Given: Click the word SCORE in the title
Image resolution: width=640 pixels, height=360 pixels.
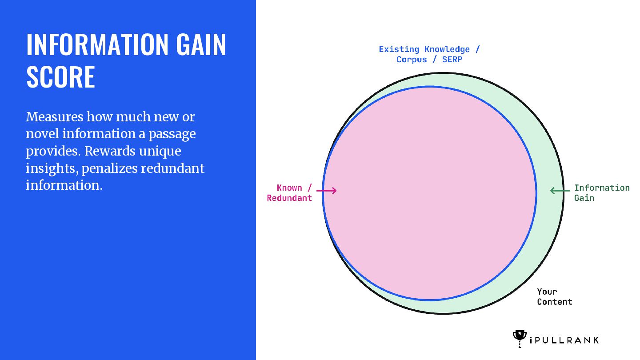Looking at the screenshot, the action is [x=60, y=76].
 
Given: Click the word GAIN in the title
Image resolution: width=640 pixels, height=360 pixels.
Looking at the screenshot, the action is [x=201, y=44].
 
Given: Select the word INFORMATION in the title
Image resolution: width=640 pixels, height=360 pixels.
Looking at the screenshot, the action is [x=97, y=44].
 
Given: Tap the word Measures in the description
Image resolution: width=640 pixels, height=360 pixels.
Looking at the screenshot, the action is [x=55, y=117].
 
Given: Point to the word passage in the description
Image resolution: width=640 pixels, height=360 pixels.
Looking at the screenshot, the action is [x=172, y=135].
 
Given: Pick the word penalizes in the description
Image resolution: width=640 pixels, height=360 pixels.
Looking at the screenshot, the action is [x=110, y=168].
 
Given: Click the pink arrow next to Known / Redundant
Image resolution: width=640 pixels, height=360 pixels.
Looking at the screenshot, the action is [x=326, y=191].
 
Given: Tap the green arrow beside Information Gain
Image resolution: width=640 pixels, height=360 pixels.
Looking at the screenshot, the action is [x=560, y=191].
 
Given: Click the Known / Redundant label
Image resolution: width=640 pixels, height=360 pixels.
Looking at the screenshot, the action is [x=289, y=193].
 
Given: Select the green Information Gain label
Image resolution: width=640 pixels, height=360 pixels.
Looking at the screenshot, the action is [x=602, y=193].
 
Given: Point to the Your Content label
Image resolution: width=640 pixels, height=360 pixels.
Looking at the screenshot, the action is [x=555, y=296].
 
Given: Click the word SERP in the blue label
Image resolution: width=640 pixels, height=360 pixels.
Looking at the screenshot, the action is [x=452, y=60].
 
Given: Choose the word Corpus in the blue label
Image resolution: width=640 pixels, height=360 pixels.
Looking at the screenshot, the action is [x=412, y=60].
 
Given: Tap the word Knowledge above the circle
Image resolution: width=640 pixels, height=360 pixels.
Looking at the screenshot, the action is [x=447, y=50].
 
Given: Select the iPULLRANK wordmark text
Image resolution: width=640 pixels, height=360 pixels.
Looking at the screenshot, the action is [x=564, y=340].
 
